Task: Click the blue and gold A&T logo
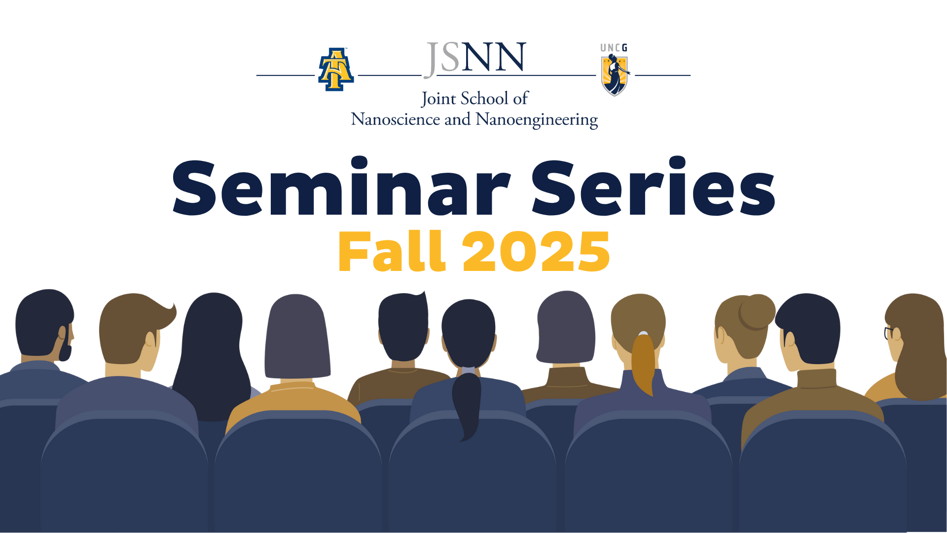[x=336, y=69]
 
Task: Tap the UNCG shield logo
[x=614, y=75]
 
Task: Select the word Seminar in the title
[x=341, y=187]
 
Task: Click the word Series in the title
[x=654, y=187]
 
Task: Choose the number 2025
[x=536, y=252]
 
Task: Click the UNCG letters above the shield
[x=614, y=48]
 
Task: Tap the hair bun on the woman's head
[x=757, y=312]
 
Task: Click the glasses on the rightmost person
[x=889, y=333]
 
